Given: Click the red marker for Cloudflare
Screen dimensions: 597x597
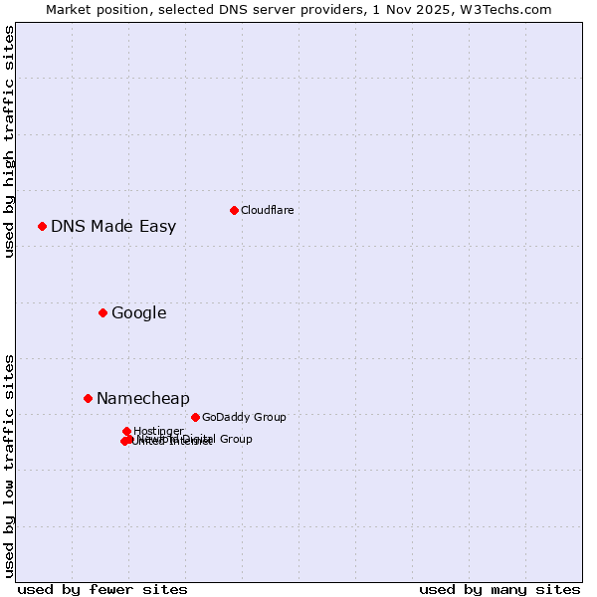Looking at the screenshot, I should pos(234,210).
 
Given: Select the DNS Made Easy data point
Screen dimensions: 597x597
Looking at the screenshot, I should pos(43,226).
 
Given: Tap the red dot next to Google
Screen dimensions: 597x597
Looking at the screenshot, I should pos(102,312).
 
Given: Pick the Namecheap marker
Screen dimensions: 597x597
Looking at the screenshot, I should pos(88,398).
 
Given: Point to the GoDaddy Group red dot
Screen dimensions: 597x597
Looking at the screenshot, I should pos(195,417).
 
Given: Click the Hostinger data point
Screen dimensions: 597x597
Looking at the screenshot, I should pos(127,431).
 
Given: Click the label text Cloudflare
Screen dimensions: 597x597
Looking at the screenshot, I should pos(267,210).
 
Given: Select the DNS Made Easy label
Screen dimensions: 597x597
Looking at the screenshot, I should pos(113,226).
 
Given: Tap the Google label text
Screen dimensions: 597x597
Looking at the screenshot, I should pos(138,312).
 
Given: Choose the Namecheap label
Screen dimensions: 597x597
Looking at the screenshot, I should pos(142,398).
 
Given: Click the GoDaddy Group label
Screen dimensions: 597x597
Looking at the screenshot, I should pos(244,417).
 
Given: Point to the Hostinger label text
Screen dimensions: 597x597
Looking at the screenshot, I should pos(158,431).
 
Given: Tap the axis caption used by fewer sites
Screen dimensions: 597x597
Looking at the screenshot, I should pos(102,589).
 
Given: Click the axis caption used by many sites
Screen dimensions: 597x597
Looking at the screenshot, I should pos(499,589).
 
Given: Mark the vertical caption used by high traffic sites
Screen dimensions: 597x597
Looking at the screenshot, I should pos(9,141).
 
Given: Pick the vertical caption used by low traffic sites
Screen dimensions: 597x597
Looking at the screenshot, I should pos(9,465).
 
